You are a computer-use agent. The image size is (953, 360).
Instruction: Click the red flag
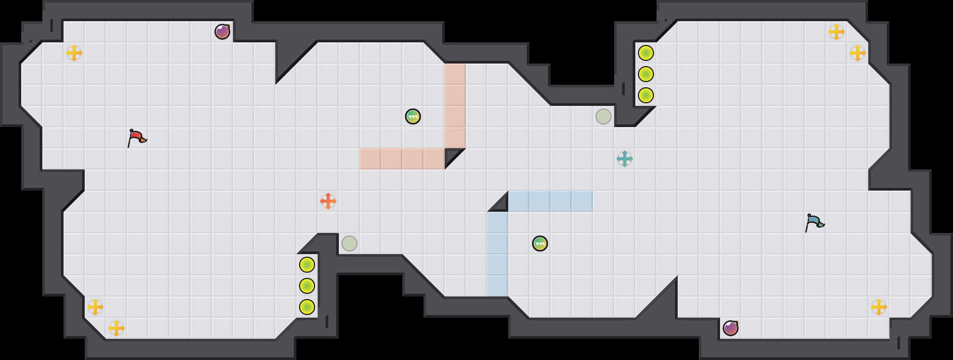(x=137, y=138)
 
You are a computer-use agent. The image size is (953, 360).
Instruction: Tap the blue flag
(x=814, y=222)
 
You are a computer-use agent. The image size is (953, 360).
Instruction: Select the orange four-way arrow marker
(x=328, y=201)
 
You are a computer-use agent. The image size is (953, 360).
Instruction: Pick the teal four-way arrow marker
(x=625, y=159)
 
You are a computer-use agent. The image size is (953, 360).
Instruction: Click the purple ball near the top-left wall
(x=222, y=32)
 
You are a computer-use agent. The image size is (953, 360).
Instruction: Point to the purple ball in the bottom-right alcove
(x=731, y=328)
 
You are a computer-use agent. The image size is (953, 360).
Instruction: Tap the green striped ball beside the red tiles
(x=413, y=116)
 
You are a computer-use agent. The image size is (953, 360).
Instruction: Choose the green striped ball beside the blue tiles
(x=540, y=244)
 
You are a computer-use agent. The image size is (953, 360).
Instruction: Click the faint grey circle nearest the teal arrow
(x=604, y=116)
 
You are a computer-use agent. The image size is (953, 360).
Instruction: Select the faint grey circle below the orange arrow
(x=349, y=244)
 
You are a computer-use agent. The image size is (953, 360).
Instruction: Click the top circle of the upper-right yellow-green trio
(x=646, y=53)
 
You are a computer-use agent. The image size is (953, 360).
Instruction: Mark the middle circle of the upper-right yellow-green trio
(x=646, y=74)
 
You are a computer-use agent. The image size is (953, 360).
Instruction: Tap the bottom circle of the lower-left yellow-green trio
(x=307, y=307)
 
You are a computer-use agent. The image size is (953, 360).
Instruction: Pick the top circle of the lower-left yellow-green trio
(x=307, y=265)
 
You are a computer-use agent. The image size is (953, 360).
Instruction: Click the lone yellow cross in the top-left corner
(x=74, y=53)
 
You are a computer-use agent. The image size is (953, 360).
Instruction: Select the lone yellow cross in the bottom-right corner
(x=879, y=307)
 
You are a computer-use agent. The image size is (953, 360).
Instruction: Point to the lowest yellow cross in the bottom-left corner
(x=116, y=328)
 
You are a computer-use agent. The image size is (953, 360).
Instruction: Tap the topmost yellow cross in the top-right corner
(x=837, y=32)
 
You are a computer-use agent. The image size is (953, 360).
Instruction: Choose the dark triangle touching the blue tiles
(x=501, y=204)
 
